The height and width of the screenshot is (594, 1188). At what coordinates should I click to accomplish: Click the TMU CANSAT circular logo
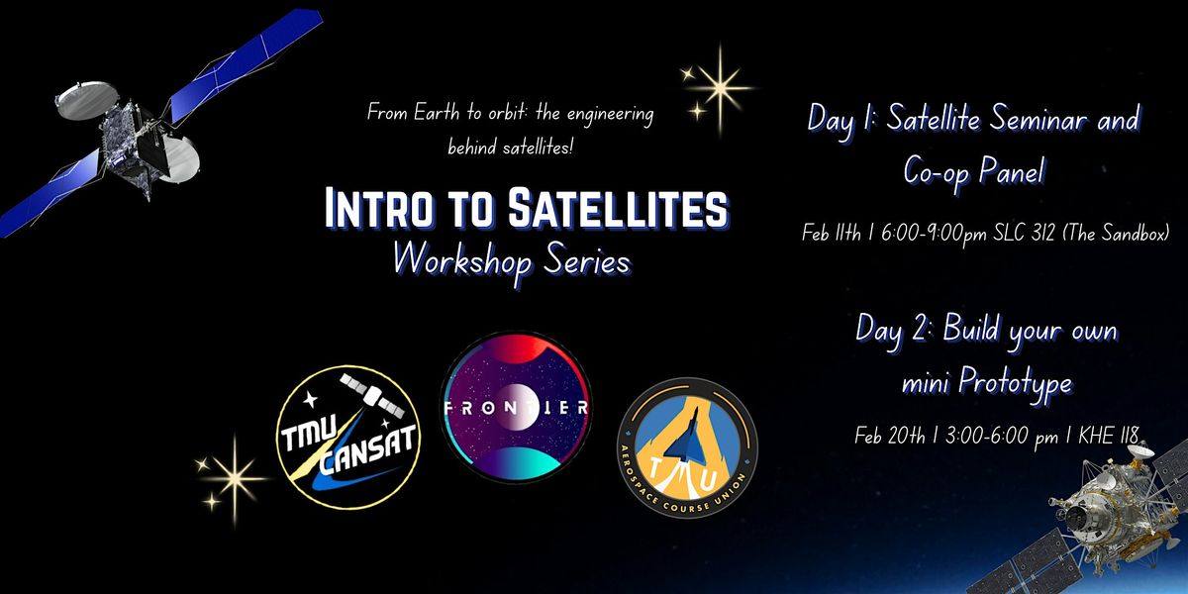(x=348, y=437)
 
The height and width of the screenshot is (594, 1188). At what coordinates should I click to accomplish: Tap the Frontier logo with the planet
(x=516, y=407)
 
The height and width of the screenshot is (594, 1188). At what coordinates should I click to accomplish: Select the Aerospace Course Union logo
(x=687, y=448)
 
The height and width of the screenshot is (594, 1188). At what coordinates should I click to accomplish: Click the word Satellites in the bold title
(x=618, y=208)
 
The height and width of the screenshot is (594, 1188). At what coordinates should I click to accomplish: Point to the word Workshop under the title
(x=462, y=261)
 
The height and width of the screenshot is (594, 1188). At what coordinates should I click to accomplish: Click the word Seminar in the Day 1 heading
(x=1038, y=118)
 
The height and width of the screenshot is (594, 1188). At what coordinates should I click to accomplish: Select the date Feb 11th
(x=831, y=233)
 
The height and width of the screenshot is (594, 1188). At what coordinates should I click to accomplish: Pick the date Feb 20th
(x=889, y=436)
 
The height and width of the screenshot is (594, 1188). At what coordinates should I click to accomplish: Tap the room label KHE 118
(x=1109, y=436)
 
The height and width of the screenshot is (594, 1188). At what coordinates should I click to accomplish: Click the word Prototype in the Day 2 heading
(x=1015, y=383)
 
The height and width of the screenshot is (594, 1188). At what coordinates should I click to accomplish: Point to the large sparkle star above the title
(x=721, y=88)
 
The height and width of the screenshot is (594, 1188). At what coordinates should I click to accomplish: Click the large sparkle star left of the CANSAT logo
(x=234, y=479)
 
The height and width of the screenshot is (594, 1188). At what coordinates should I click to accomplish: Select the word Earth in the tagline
(x=436, y=113)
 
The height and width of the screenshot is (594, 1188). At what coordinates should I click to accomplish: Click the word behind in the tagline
(x=471, y=147)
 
